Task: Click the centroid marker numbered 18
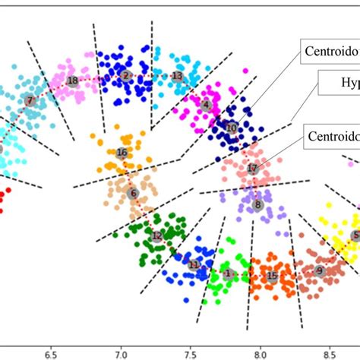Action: coord(72,80)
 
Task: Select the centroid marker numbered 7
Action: coord(30,100)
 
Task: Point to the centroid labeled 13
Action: coord(177,76)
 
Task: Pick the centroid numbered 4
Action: coord(206,104)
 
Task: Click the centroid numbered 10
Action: coord(232,129)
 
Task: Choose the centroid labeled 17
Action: coord(252,168)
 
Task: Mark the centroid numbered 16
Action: coord(122,153)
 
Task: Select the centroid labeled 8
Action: coord(258,204)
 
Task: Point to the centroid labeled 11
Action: coord(194,264)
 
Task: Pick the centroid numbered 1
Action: coord(228,273)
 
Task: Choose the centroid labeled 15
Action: coord(272,276)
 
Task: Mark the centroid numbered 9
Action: coord(319,270)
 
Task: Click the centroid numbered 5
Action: coord(355,236)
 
